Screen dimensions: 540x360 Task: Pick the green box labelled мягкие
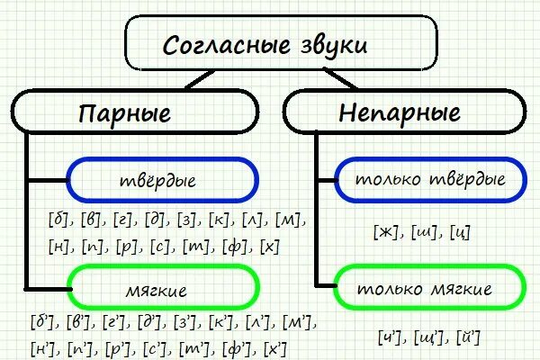(163, 290)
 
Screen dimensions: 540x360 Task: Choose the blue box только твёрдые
(428, 179)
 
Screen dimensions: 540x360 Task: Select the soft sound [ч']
(391, 339)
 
